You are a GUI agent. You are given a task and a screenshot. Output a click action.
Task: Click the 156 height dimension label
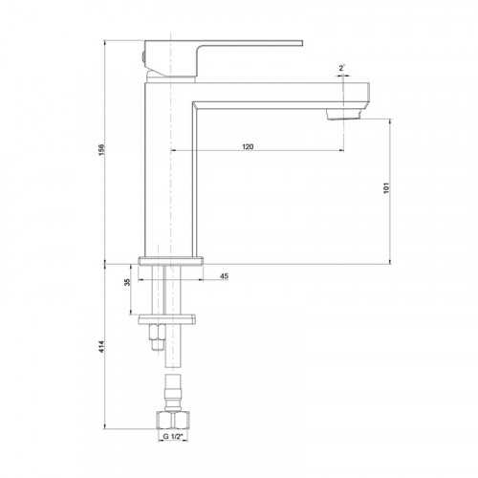pos(101,150)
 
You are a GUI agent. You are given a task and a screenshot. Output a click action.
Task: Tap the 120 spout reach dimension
pos(248,146)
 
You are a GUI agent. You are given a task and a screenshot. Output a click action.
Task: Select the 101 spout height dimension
pos(386,188)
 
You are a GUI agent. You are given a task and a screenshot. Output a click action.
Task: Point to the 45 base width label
pos(225,276)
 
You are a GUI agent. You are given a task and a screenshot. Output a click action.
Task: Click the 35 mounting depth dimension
pos(127,282)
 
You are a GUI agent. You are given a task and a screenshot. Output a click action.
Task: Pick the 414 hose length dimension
pos(101,347)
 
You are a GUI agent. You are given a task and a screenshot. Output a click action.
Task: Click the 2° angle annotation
pos(342,68)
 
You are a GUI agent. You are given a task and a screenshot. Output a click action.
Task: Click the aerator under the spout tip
pos(344,114)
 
